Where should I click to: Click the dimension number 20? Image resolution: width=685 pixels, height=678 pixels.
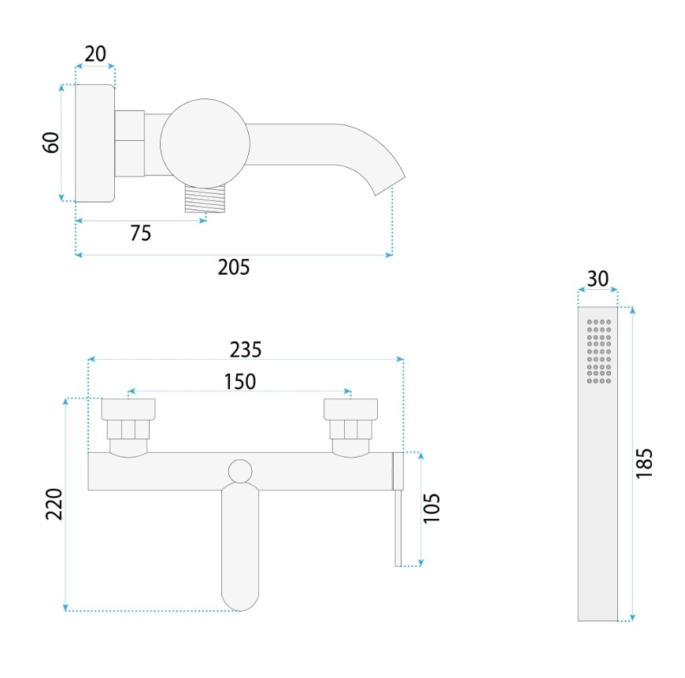(95, 54)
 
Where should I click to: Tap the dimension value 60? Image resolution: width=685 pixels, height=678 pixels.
(51, 143)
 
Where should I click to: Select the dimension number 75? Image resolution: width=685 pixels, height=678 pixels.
(141, 233)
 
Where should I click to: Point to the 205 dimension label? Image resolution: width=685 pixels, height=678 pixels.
(234, 267)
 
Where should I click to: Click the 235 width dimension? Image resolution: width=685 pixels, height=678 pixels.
(246, 350)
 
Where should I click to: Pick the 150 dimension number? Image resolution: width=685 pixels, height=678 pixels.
(240, 381)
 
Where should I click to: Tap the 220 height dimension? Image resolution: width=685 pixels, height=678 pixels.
(54, 504)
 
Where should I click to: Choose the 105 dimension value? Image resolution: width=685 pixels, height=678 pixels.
(431, 508)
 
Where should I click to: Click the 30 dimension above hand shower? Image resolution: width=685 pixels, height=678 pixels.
(598, 279)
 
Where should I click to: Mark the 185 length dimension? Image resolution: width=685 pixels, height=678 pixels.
(644, 463)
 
